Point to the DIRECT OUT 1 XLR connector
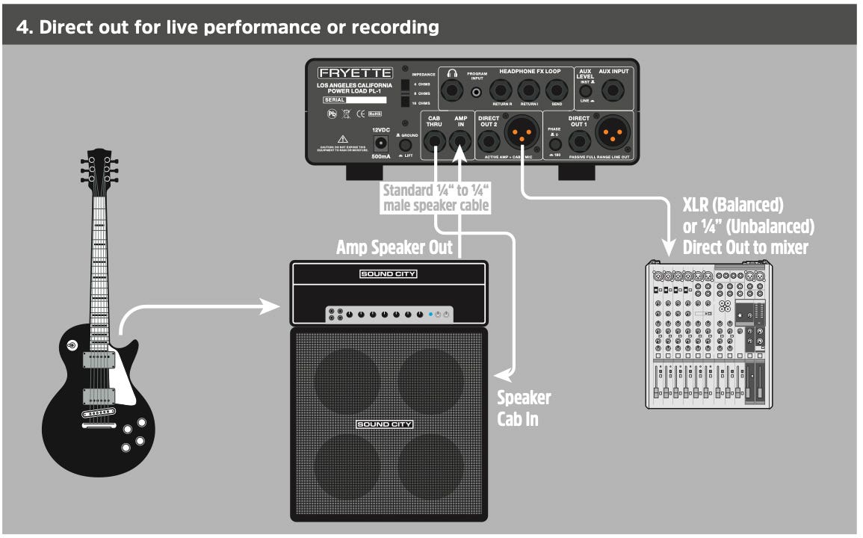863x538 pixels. coord(612,134)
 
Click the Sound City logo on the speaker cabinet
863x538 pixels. coord(384,424)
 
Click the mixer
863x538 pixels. coord(706,336)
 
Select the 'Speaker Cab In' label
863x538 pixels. coord(524,408)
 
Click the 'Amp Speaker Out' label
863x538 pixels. coord(395,247)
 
